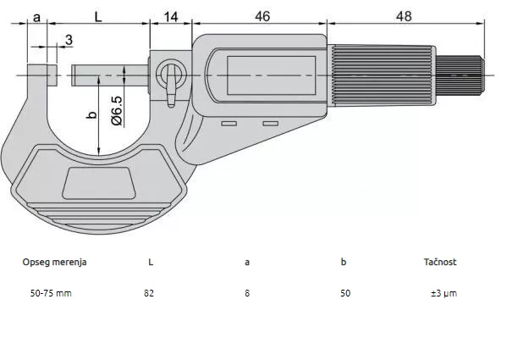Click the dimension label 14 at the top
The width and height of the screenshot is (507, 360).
(x=171, y=16)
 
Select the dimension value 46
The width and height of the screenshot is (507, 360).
(x=262, y=16)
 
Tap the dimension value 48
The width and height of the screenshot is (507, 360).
(x=404, y=16)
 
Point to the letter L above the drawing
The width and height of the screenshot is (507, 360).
(x=98, y=16)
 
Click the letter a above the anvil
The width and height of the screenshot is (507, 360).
(x=37, y=17)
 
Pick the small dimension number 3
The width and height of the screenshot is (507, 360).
(x=69, y=40)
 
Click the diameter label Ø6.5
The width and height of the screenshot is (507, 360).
(x=117, y=111)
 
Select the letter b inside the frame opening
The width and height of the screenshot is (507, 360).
(x=91, y=115)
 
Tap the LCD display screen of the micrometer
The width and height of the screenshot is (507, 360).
(x=272, y=75)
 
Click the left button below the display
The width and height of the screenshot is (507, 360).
(x=229, y=124)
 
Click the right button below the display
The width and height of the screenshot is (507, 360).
(x=271, y=124)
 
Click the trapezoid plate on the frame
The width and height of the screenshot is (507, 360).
(x=99, y=183)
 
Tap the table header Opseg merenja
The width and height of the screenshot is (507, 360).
(x=54, y=262)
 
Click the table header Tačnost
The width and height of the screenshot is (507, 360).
(x=440, y=262)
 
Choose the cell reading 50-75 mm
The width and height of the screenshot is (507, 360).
(x=51, y=293)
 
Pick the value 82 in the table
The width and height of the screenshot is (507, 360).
(x=149, y=293)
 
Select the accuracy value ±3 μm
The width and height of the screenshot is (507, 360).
(x=444, y=294)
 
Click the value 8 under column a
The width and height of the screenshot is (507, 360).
(x=247, y=293)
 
